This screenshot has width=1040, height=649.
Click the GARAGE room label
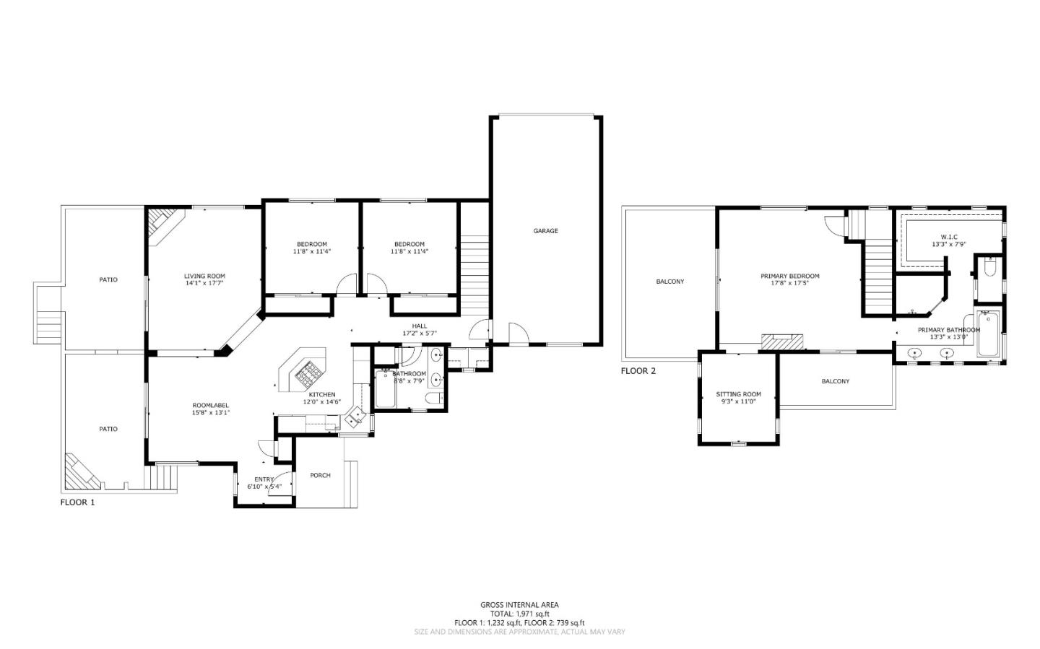click(x=545, y=231)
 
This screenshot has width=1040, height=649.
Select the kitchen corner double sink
click(x=355, y=417)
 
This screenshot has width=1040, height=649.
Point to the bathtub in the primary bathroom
click(x=987, y=334)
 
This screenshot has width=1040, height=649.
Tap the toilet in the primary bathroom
click(x=989, y=268)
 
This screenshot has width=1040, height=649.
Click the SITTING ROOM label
click(x=738, y=394)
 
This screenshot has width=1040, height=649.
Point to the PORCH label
click(x=320, y=475)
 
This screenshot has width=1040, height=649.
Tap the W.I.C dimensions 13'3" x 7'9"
click(x=948, y=245)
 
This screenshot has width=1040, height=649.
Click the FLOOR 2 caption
click(x=638, y=371)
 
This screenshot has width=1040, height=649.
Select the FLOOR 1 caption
click(x=77, y=502)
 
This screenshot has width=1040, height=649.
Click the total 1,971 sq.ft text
click(x=519, y=614)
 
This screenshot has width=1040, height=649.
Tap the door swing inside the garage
click(x=519, y=334)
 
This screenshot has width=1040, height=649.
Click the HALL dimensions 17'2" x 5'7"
click(x=419, y=334)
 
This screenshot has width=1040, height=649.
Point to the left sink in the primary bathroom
click(x=916, y=354)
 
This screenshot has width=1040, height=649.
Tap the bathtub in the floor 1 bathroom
click(x=383, y=390)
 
